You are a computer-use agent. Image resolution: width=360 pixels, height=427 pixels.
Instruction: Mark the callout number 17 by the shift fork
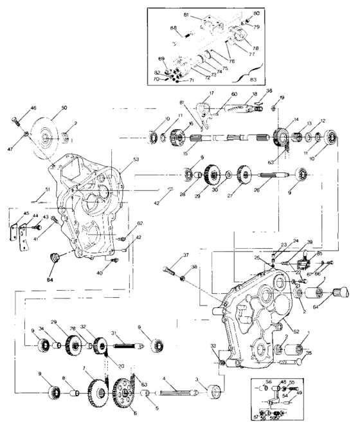tap(210, 93)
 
